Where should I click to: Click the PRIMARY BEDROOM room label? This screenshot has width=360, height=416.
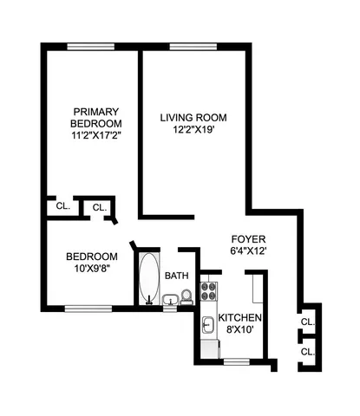click(x=95, y=116)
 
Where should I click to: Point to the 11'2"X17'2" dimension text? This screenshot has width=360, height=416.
click(x=95, y=136)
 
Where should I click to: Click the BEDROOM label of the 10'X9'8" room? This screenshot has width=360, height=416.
click(x=91, y=256)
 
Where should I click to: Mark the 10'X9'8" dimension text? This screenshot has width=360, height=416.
click(x=91, y=269)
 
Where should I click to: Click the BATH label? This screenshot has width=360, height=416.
click(x=177, y=276)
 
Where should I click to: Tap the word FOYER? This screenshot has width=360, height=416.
click(x=248, y=238)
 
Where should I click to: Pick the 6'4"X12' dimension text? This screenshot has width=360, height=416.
click(x=248, y=251)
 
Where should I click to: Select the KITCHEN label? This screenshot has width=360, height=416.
click(x=240, y=317)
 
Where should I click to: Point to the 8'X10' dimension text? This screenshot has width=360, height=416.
click(x=240, y=330)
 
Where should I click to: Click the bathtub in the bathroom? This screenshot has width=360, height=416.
click(x=147, y=277)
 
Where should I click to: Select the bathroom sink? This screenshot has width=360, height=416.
click(x=170, y=301)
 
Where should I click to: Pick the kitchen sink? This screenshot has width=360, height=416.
click(x=208, y=325)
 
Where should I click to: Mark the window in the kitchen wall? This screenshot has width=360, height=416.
click(x=236, y=359)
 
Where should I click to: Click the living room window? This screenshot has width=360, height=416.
click(x=193, y=45)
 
